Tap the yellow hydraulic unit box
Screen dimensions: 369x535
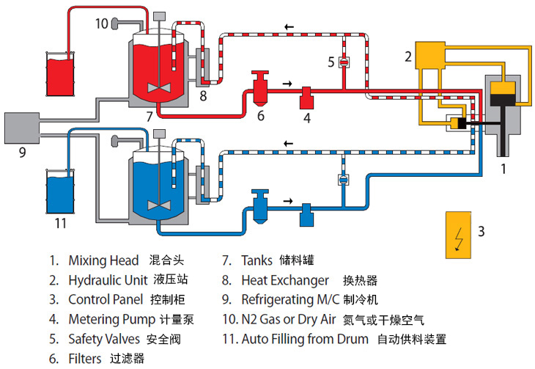point(432,55)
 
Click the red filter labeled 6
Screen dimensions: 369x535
point(259,88)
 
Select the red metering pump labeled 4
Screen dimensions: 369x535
point(307,96)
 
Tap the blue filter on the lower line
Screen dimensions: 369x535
point(259,205)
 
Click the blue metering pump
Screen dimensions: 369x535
point(307,214)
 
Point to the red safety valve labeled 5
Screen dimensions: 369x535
point(342,63)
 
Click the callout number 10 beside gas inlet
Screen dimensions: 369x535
point(101,23)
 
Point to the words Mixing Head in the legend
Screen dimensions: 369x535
point(103,260)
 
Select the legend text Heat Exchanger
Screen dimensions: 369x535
point(285,280)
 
